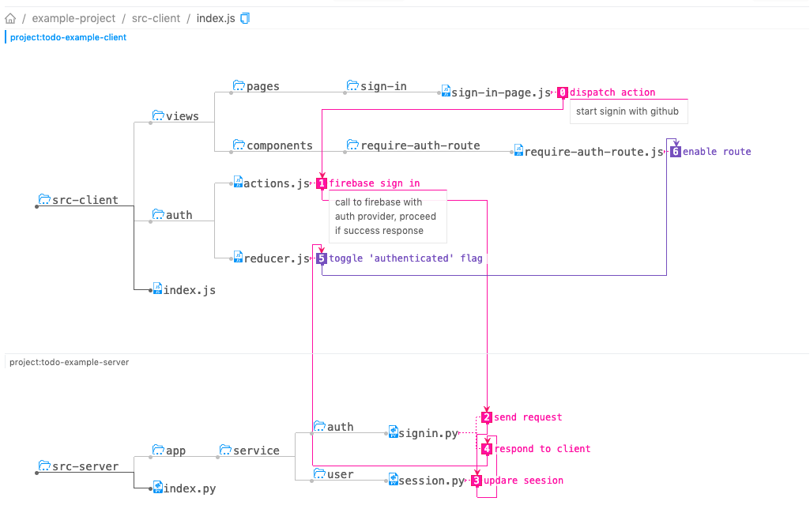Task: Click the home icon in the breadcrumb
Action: click(x=10, y=18)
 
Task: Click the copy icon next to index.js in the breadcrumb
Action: click(x=245, y=18)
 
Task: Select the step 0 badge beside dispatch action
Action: click(x=563, y=92)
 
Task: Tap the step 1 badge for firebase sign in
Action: click(x=322, y=183)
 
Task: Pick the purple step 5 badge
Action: click(x=321, y=258)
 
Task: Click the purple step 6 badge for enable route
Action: click(x=675, y=152)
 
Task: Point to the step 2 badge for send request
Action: click(x=487, y=417)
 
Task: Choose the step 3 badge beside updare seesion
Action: click(x=477, y=481)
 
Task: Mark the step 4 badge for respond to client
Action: click(x=487, y=449)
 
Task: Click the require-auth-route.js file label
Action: click(x=593, y=152)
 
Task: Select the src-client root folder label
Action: click(x=85, y=200)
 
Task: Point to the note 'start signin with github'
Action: click(x=627, y=111)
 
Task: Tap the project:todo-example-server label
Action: click(x=69, y=362)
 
